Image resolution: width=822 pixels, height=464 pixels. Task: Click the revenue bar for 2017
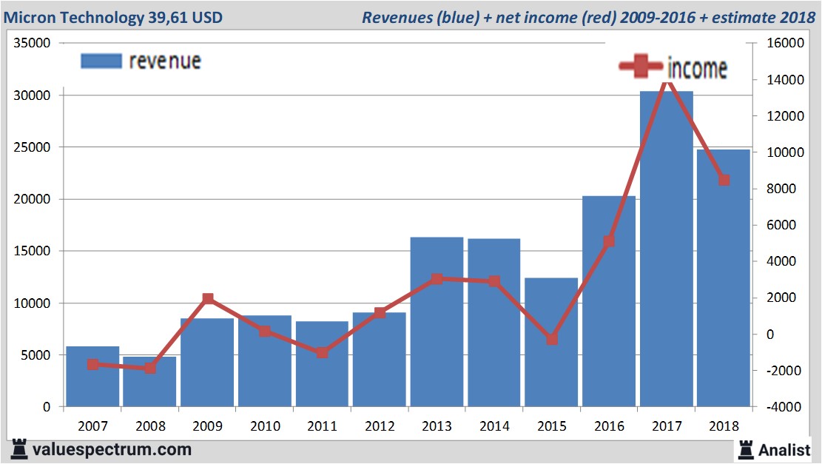[x=666, y=252]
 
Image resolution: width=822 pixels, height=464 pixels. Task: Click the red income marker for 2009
[x=208, y=299]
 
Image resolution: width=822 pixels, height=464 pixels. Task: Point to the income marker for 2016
[x=609, y=241]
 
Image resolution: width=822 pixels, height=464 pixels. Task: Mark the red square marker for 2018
[x=724, y=180]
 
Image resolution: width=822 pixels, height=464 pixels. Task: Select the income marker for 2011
[x=323, y=352]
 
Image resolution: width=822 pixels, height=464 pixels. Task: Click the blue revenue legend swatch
[x=101, y=61]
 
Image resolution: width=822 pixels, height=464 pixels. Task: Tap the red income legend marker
[x=641, y=67]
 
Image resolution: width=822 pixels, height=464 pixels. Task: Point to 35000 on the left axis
[x=32, y=43]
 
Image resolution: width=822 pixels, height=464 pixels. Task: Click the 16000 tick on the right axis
[x=778, y=43]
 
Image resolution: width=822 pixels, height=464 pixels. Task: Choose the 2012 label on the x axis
[x=380, y=426]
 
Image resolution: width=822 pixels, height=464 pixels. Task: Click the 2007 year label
[x=92, y=426]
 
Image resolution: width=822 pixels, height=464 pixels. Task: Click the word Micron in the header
[x=30, y=17]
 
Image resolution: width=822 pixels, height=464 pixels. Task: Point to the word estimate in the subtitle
[x=740, y=17]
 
